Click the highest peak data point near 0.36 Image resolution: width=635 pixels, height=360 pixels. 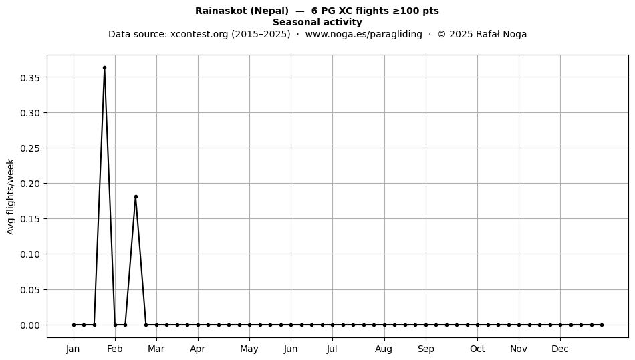(x=104, y=68)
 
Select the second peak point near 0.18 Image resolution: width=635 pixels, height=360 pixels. (x=136, y=196)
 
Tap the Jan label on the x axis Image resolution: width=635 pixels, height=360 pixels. (x=74, y=349)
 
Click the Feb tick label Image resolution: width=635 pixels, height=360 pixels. (x=114, y=349)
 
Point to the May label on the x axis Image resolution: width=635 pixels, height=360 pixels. (x=249, y=349)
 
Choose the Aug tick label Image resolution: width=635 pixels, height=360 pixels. (x=384, y=349)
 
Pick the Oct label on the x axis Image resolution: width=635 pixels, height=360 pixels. (x=477, y=349)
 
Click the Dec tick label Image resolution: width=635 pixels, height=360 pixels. (x=560, y=349)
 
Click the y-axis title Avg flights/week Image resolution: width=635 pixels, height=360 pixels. (x=11, y=196)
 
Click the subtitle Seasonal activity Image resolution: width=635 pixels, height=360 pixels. (x=317, y=22)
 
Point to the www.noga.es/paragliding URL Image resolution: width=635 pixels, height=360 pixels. (x=364, y=34)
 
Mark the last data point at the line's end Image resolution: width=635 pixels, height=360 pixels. (x=602, y=325)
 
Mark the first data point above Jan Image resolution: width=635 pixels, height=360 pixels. (x=74, y=325)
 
